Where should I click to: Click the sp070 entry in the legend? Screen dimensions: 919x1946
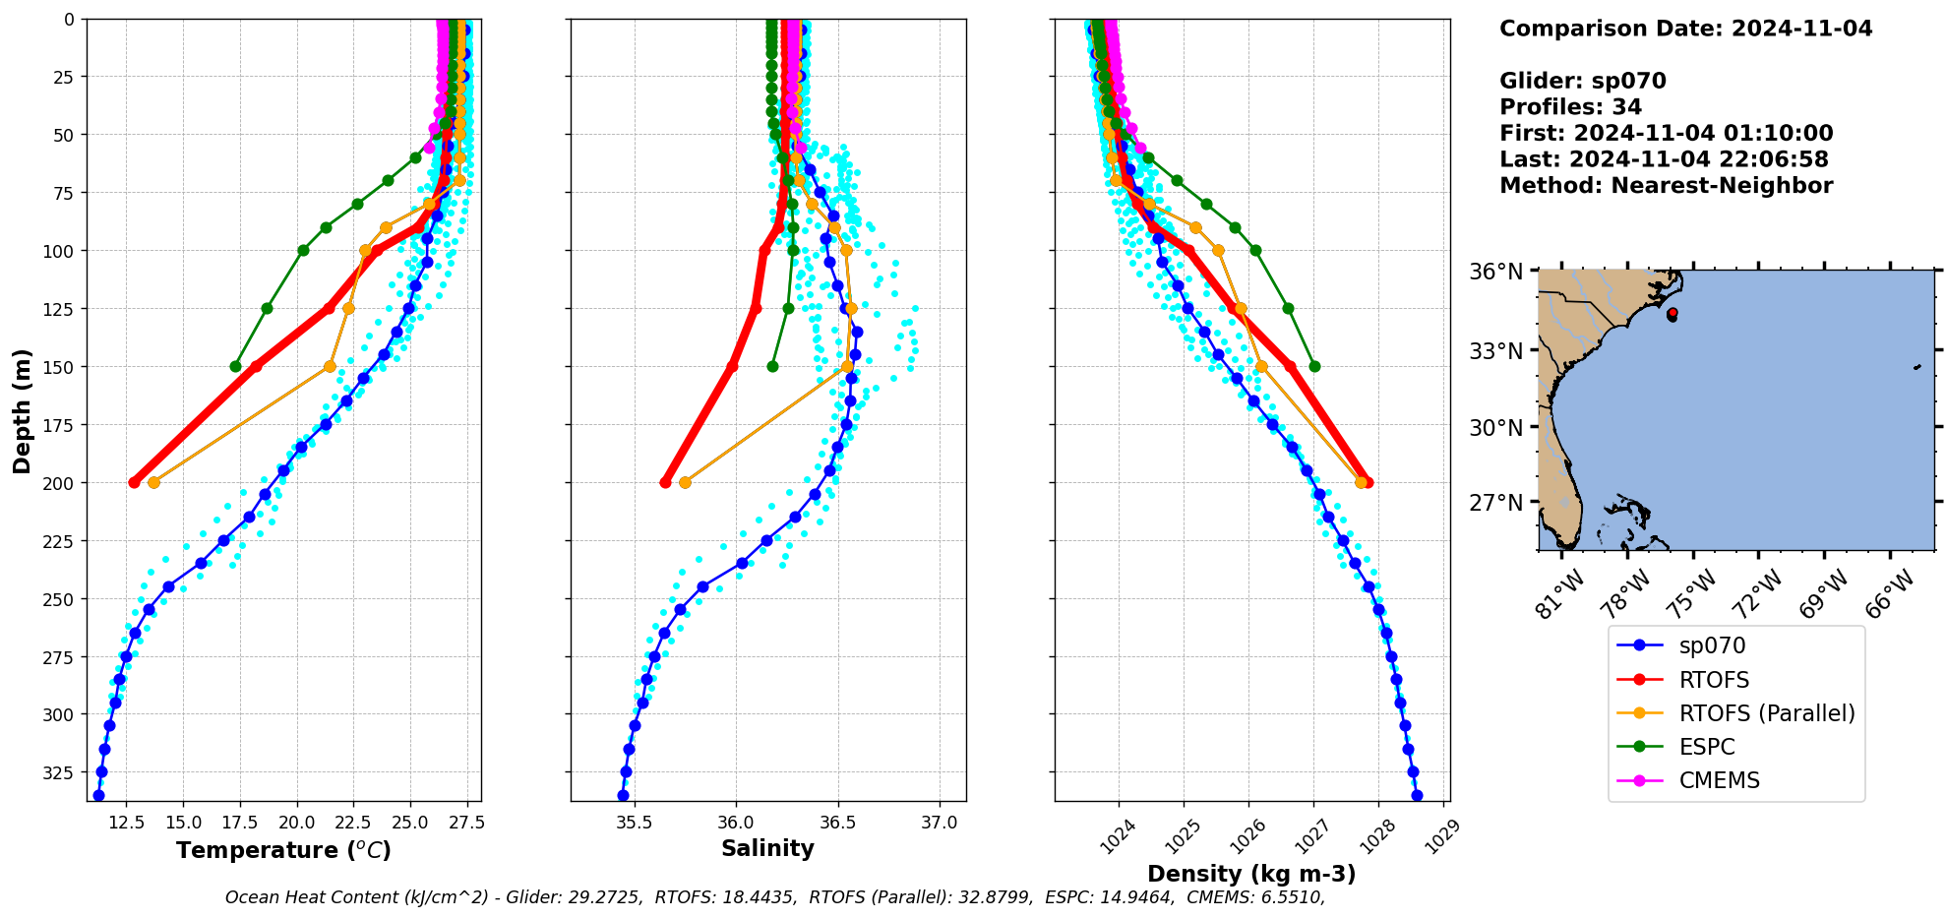(x=1712, y=646)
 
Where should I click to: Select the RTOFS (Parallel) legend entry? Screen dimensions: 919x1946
(x=1767, y=713)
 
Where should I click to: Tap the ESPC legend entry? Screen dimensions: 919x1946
(x=1707, y=747)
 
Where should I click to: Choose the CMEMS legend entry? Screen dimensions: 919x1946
(x=1719, y=780)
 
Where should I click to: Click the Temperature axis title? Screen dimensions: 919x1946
(x=283, y=850)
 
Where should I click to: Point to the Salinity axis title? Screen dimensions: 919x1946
(x=767, y=848)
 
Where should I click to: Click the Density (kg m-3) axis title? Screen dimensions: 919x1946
(x=1251, y=874)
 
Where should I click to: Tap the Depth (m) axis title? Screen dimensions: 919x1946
(x=22, y=410)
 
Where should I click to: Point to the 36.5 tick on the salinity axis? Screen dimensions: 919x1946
(x=837, y=823)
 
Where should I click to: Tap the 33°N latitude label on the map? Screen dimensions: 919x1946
(x=1496, y=351)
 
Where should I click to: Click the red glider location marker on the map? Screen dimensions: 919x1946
(x=1672, y=313)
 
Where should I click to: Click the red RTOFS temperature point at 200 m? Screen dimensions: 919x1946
(x=134, y=482)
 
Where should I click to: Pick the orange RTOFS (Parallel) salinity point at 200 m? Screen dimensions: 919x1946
(x=685, y=482)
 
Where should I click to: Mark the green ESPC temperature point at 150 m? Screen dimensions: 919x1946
(x=235, y=366)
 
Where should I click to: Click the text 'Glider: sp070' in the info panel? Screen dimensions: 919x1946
(x=1583, y=82)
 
